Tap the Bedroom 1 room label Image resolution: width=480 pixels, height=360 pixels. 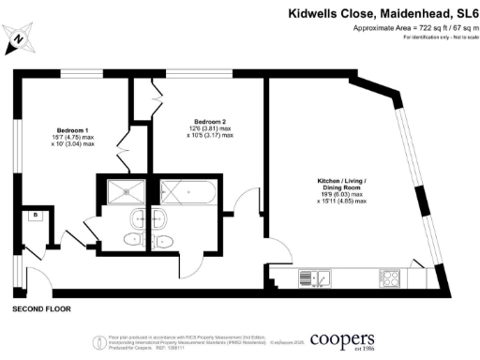tap(74, 128)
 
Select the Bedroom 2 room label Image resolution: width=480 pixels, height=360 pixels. tap(212, 122)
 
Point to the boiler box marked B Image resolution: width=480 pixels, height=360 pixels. tap(35, 216)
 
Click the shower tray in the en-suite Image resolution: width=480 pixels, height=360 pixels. tap(123, 192)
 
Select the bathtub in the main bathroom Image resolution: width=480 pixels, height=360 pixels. tap(188, 193)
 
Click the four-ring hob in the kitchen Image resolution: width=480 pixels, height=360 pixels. tap(390, 277)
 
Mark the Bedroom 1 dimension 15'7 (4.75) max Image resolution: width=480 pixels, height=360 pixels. tap(74, 140)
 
